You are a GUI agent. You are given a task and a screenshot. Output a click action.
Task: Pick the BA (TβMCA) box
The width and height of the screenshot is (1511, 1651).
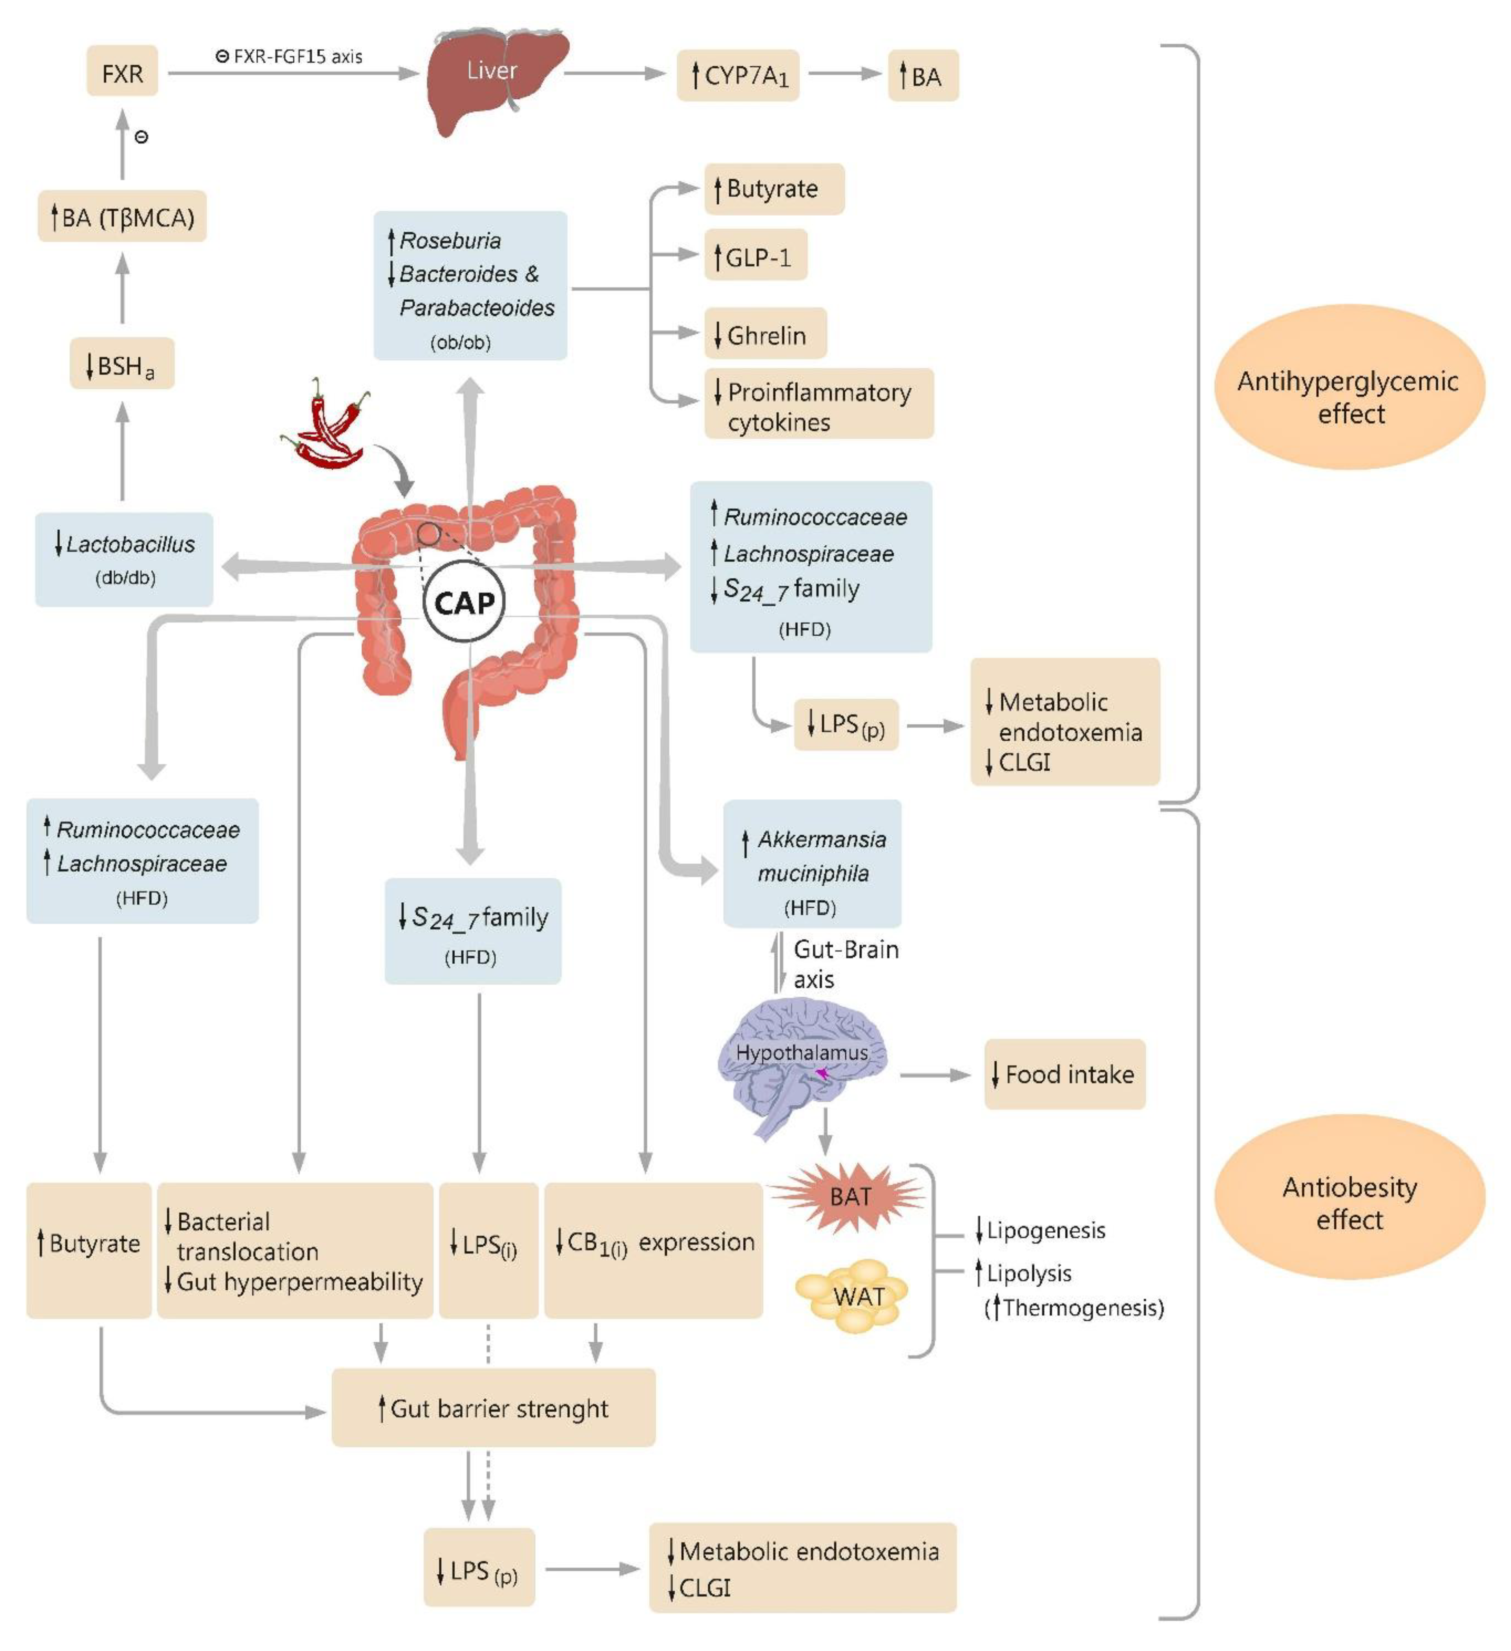pos(122,216)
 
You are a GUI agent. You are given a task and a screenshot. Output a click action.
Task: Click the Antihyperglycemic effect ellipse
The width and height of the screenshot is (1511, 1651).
pos(1349,386)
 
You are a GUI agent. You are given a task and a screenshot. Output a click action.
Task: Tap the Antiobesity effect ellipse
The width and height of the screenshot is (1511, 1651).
pos(1349,1197)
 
